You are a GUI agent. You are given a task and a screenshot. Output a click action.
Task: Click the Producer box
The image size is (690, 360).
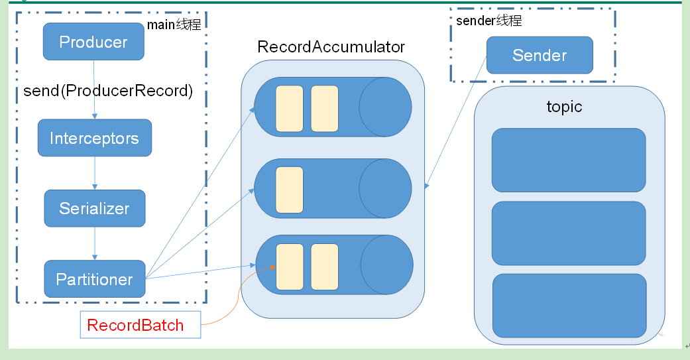pos(93,42)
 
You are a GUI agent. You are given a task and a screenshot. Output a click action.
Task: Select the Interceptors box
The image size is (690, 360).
pos(94,138)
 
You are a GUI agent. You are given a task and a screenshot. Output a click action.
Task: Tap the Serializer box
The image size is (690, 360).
pos(94,208)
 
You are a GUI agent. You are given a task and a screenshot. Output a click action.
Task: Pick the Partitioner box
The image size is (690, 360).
pos(94,279)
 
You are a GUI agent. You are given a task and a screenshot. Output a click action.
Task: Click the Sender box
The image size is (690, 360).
pos(540,55)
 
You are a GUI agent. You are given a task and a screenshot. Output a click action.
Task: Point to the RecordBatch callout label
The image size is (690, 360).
pos(140,325)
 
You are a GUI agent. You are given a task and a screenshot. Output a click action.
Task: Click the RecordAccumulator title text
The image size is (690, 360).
pos(331,48)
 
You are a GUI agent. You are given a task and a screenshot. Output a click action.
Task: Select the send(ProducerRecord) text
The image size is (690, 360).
pos(108,91)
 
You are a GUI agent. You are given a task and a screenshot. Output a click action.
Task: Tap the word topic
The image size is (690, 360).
pos(564,107)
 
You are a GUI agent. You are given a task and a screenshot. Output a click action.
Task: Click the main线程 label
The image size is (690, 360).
pos(174,25)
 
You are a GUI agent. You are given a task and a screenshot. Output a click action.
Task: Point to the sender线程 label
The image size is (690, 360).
pos(489,21)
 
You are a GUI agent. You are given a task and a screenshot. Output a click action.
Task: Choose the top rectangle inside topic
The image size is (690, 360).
pos(569,160)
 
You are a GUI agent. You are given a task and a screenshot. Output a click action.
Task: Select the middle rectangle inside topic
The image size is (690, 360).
pos(569,233)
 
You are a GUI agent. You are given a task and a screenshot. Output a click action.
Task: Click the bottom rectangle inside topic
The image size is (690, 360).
pos(569,305)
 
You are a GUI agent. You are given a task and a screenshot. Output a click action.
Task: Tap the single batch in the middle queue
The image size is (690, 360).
pos(289,189)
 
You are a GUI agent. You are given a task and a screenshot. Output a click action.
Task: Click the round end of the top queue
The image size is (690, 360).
pos(385,107)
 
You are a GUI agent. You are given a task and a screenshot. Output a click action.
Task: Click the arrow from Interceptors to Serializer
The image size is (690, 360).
pos(95,173)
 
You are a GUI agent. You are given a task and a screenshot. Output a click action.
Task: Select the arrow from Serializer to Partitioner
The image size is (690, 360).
pos(95,243)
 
